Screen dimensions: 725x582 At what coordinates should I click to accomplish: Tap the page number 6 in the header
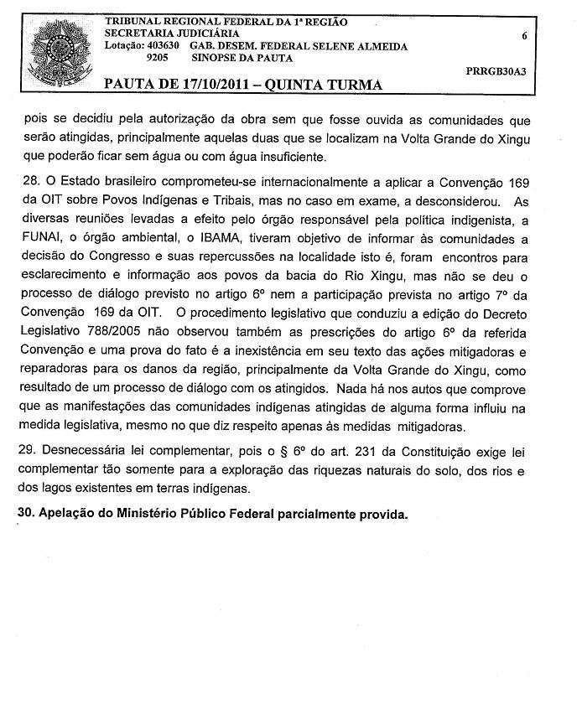[523, 37]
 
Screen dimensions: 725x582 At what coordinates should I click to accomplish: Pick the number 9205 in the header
[158, 60]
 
